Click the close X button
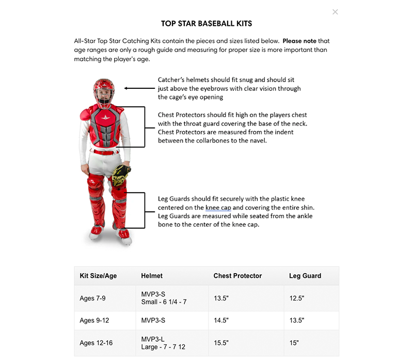(335, 12)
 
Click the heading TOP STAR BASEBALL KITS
(206, 24)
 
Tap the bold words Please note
(299, 41)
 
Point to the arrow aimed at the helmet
(139, 88)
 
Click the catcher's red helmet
(104, 93)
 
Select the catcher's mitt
(121, 175)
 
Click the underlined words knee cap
(218, 208)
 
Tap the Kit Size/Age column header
(98, 276)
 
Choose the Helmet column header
(152, 276)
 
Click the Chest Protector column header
(237, 276)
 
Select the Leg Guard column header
(305, 276)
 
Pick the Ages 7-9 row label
(92, 298)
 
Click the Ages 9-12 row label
(94, 320)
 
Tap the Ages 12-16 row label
(96, 343)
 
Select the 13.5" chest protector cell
(221, 298)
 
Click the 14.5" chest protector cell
(221, 320)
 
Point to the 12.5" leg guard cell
(296, 298)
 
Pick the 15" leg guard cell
(294, 343)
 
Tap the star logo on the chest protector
(105, 117)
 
